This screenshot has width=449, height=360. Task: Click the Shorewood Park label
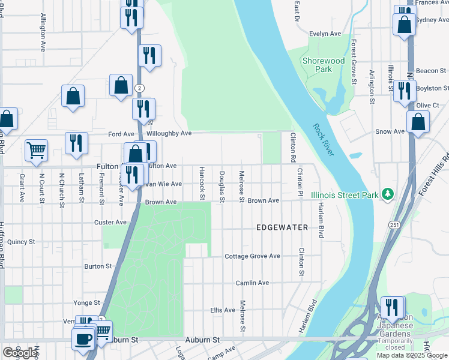point(324,65)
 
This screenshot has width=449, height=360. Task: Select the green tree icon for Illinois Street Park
point(388,194)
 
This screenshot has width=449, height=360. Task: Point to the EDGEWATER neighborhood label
point(282,227)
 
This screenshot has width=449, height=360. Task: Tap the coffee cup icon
point(83,339)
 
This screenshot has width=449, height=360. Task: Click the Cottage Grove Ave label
point(252,256)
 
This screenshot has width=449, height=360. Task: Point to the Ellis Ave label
point(222,310)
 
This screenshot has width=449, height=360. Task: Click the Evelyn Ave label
point(325,34)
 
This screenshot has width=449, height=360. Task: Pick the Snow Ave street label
point(390,131)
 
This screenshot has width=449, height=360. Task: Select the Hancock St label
point(202,183)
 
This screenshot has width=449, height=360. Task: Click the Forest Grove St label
point(355,62)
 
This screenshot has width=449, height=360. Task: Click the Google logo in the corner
point(19,353)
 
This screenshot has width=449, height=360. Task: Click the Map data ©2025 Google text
point(412,355)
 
